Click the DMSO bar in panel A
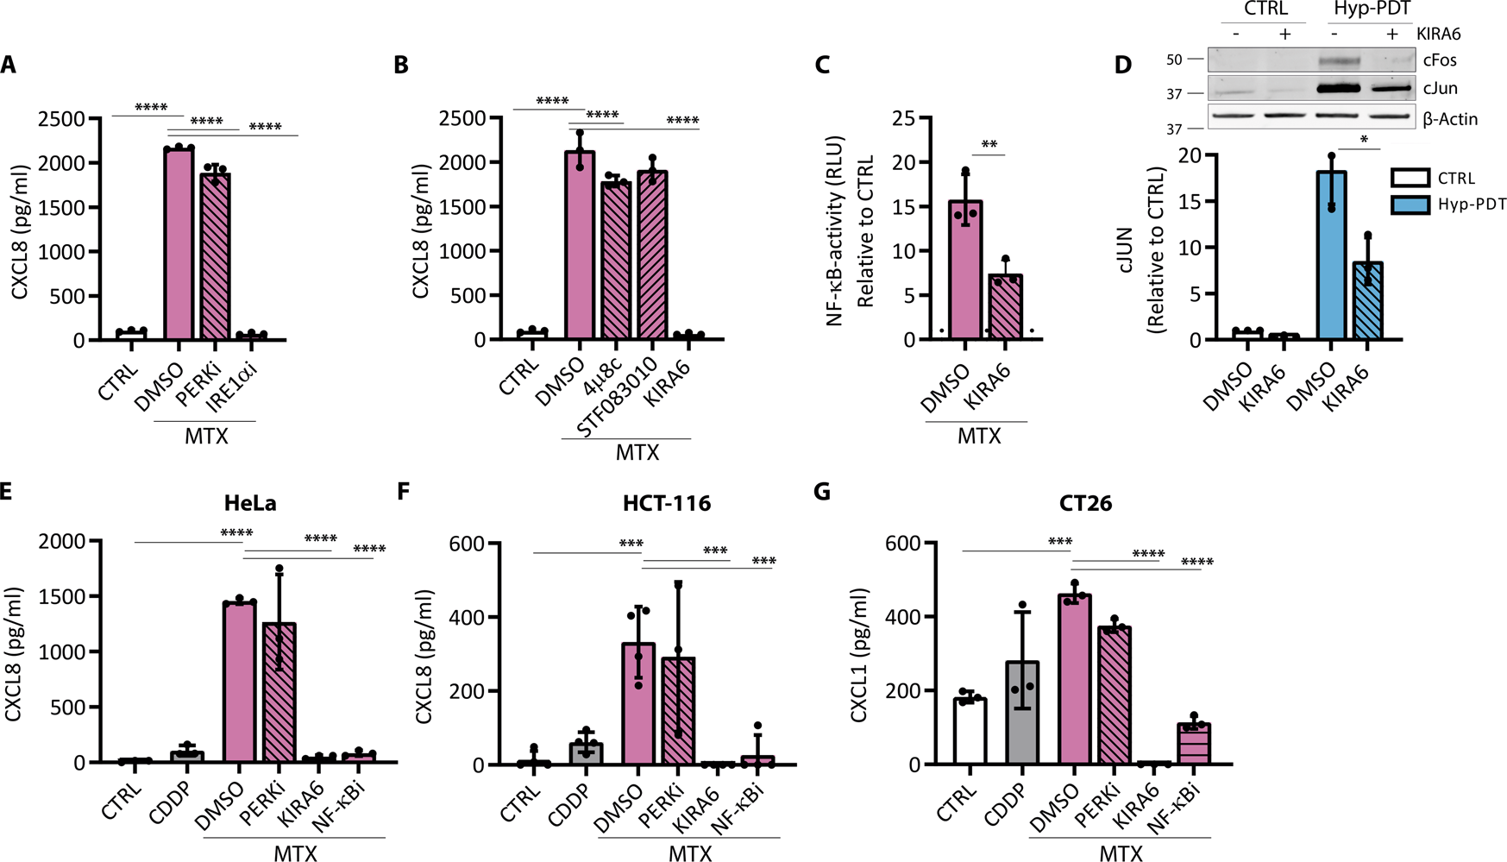tap(179, 245)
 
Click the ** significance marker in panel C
tap(989, 145)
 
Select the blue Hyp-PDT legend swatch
tap(1410, 204)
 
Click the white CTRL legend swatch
tap(1410, 179)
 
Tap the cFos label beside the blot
tap(1439, 60)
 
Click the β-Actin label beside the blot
tap(1449, 119)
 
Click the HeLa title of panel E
tap(250, 503)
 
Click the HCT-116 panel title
tap(667, 503)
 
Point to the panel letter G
tap(822, 492)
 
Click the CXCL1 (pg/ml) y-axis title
tap(859, 656)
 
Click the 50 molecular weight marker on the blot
tap(1174, 60)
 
